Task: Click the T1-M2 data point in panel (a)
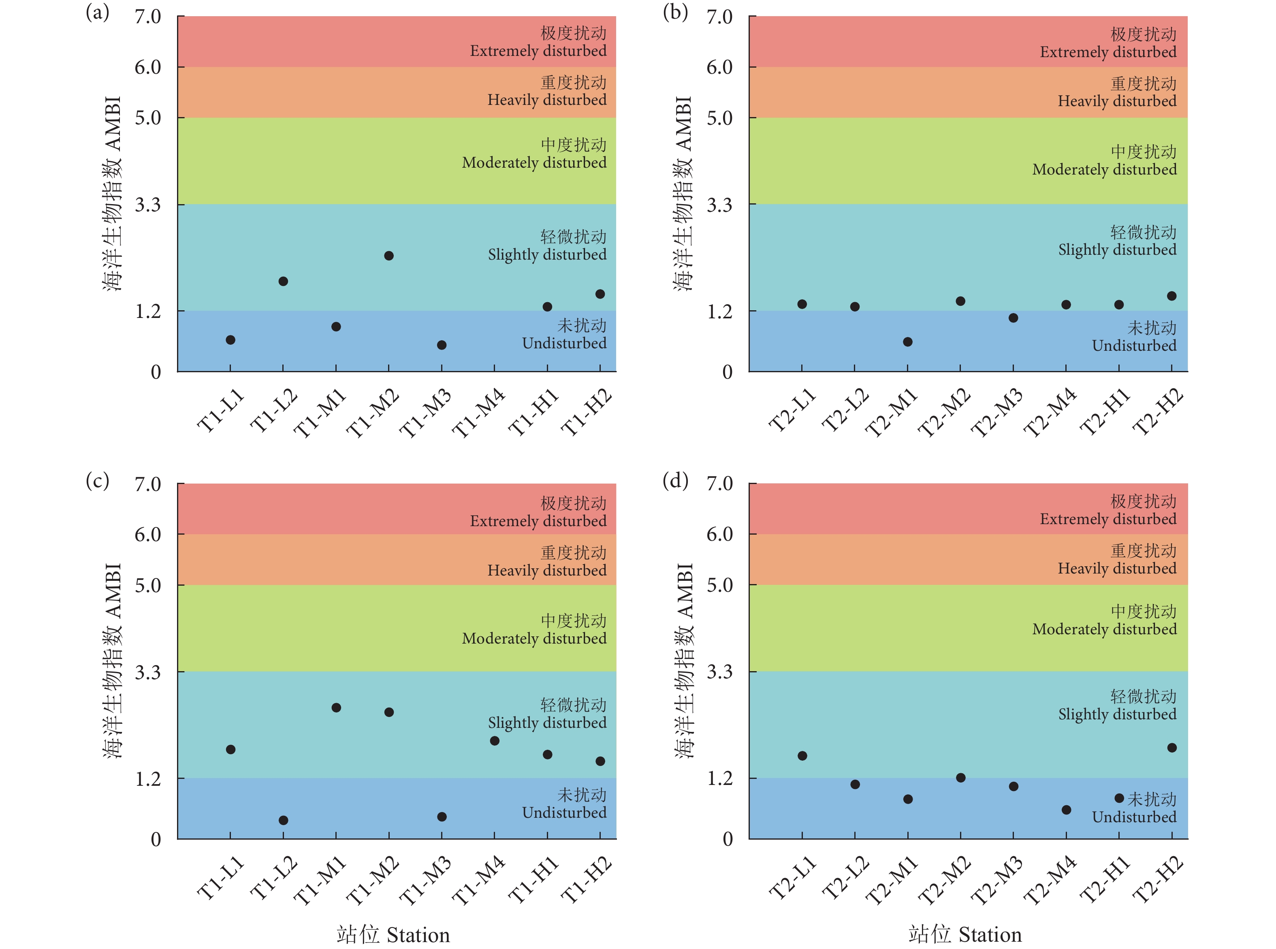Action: [x=389, y=256]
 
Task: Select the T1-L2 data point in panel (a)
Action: [x=283, y=281]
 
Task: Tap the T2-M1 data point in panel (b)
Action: [x=908, y=342]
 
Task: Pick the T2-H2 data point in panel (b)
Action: [x=1172, y=296]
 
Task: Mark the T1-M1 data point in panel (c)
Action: [x=336, y=708]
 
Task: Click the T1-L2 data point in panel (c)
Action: [x=283, y=820]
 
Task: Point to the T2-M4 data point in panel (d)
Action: [x=1066, y=810]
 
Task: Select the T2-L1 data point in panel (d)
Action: [x=802, y=756]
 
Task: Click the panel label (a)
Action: [x=97, y=12]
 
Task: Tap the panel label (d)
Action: [x=675, y=480]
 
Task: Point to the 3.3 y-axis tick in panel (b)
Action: [x=719, y=205]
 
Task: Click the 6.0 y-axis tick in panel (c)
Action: [x=147, y=535]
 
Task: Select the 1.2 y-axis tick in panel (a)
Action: [x=147, y=311]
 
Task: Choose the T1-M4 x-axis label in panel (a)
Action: [x=478, y=412]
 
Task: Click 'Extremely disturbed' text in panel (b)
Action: [x=1108, y=52]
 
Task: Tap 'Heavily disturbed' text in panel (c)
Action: [x=547, y=570]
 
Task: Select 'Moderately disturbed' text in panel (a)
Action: [x=534, y=162]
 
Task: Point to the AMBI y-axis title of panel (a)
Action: [x=113, y=194]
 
